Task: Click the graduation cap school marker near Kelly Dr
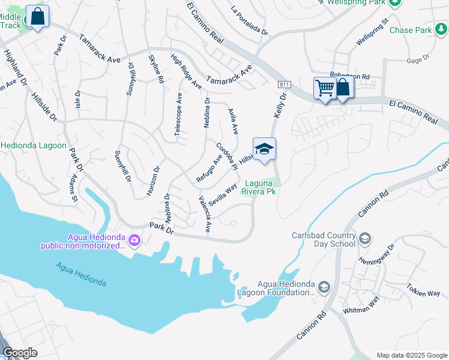[264, 149]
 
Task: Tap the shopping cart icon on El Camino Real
[325, 88]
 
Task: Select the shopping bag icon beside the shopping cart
[343, 88]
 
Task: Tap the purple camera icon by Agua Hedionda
[133, 241]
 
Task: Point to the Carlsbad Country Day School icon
[364, 240]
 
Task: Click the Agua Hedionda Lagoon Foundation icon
[324, 289]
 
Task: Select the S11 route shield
[285, 85]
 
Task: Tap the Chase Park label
[410, 30]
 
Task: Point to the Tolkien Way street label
[423, 290]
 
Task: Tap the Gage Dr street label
[419, 59]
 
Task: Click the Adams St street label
[74, 188]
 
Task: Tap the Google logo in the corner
[20, 353]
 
